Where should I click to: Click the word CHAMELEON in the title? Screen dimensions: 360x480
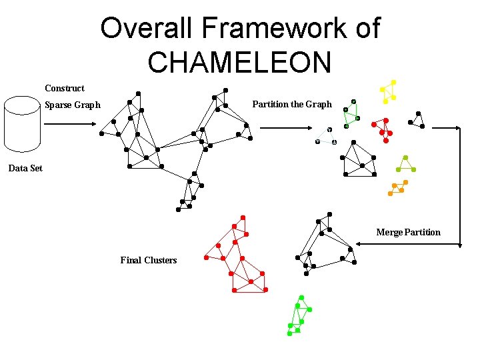239,62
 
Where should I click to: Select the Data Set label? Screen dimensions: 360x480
25,168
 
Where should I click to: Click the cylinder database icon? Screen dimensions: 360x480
23,124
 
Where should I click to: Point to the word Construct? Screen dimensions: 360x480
65,88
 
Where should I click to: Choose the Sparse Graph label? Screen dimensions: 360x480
73,105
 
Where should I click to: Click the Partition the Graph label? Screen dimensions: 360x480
291,104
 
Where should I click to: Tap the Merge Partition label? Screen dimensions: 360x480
408,232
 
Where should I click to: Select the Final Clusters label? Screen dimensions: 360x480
149,260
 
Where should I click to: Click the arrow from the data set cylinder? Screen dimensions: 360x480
74,123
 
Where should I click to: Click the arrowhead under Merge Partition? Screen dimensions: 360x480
359,245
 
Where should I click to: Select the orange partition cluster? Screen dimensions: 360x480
398,187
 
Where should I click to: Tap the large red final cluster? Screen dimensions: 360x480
237,257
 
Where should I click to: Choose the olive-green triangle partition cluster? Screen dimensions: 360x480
405,165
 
